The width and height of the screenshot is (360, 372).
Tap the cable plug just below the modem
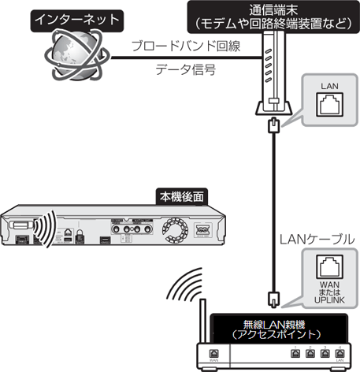pyautogui.click(x=272, y=126)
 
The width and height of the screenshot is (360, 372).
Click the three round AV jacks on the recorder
pyautogui.click(x=130, y=229)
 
